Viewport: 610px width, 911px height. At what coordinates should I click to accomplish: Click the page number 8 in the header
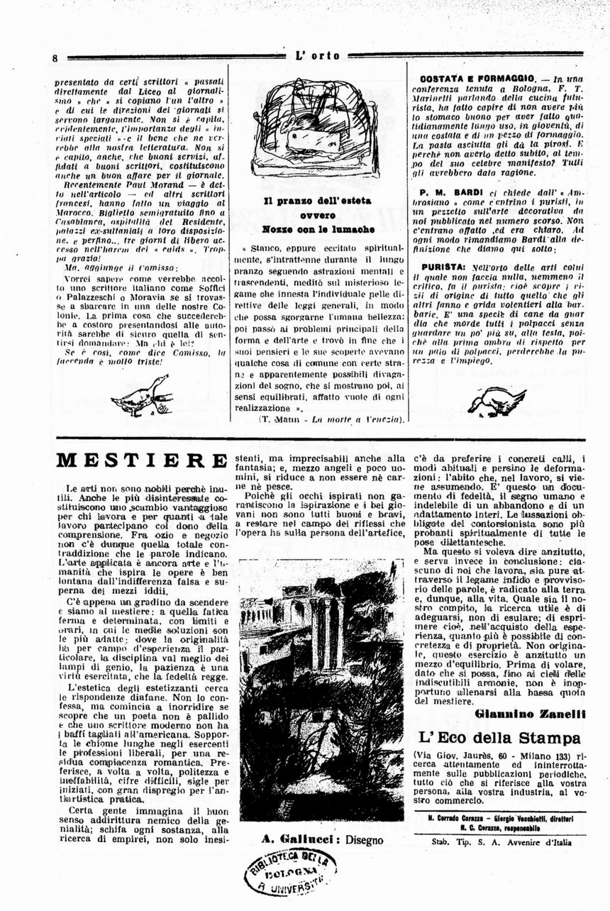coord(55,57)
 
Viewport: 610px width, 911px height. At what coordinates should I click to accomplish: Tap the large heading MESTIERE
coord(142,462)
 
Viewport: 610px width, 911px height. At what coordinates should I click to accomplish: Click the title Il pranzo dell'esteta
coord(317,201)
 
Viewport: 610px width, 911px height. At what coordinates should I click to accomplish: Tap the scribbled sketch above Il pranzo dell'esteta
coord(316,128)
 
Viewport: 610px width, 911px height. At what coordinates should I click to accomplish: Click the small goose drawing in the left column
coord(142,397)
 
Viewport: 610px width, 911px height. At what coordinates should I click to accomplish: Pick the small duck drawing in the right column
coord(497,401)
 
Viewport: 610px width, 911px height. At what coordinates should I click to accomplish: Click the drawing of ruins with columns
coord(321,689)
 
